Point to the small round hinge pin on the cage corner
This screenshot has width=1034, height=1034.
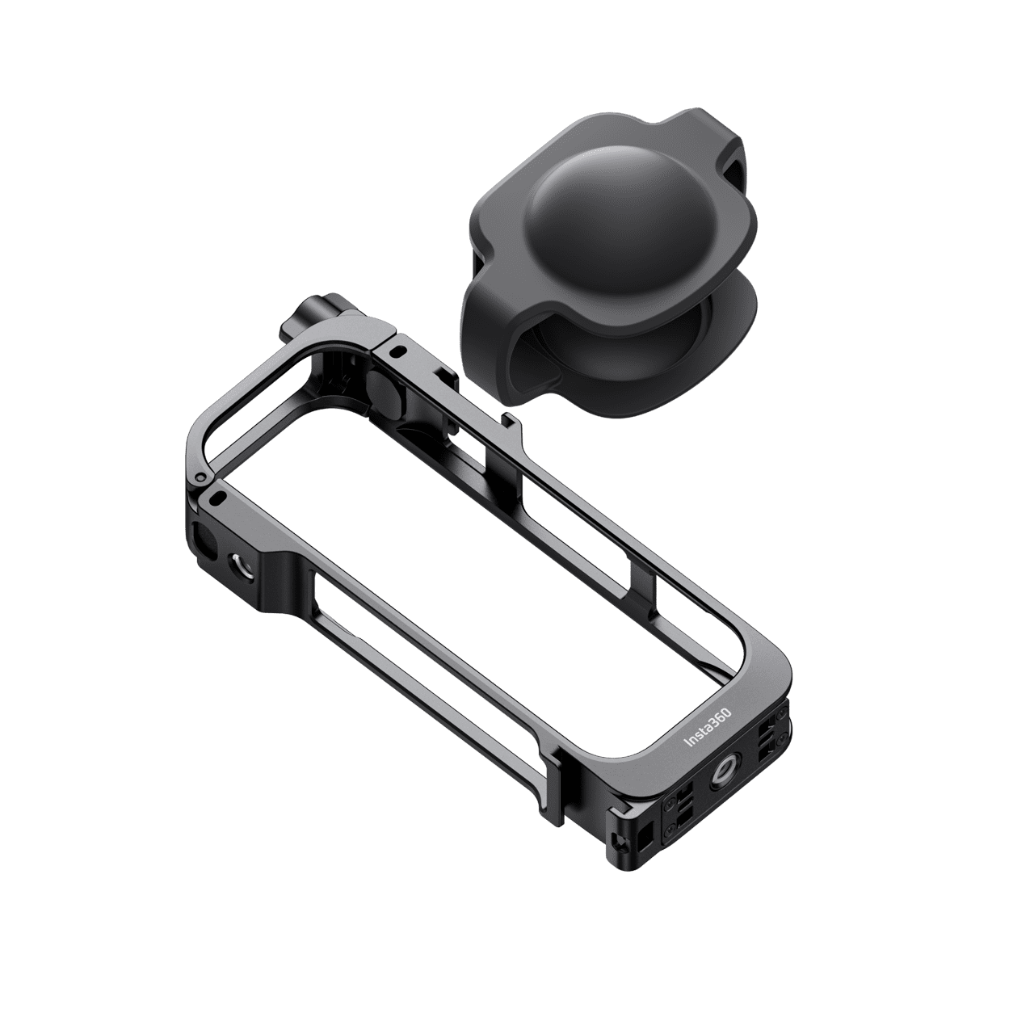click(x=200, y=477)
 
